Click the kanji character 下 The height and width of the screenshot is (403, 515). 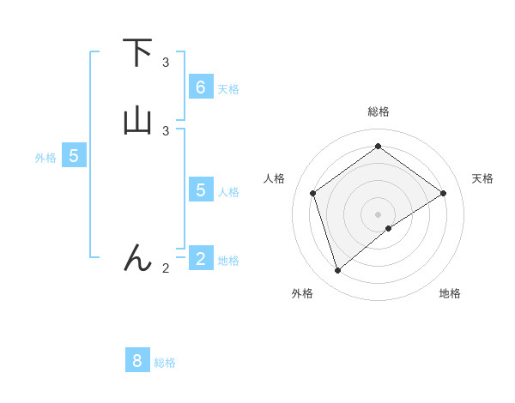tap(137, 53)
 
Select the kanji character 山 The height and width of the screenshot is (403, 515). tap(137, 121)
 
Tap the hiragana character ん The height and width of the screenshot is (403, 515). tap(137, 257)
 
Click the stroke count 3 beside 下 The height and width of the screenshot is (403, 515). tap(166, 63)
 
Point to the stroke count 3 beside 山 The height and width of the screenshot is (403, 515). tap(166, 130)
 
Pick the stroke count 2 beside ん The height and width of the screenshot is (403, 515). tap(166, 268)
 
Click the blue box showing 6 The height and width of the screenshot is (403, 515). tap(201, 87)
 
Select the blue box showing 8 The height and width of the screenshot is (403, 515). tap(137, 361)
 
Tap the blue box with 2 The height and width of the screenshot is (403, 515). tap(201, 258)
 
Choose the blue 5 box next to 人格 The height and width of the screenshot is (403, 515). tap(201, 189)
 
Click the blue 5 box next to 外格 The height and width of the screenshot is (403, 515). tap(74, 156)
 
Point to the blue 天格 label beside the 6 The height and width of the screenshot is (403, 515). tap(228, 89)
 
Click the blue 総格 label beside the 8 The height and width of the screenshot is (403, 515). tap(165, 363)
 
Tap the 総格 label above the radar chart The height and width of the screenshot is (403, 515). tap(378, 111)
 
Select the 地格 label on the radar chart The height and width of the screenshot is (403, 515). tap(450, 293)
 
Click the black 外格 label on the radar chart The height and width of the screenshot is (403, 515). tap(302, 293)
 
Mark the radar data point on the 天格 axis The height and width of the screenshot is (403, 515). tap(443, 193)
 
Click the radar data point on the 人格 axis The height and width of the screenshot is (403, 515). tap(313, 193)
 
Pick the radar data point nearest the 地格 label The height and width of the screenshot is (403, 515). tap(389, 228)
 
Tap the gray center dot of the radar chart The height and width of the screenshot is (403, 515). tap(378, 214)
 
